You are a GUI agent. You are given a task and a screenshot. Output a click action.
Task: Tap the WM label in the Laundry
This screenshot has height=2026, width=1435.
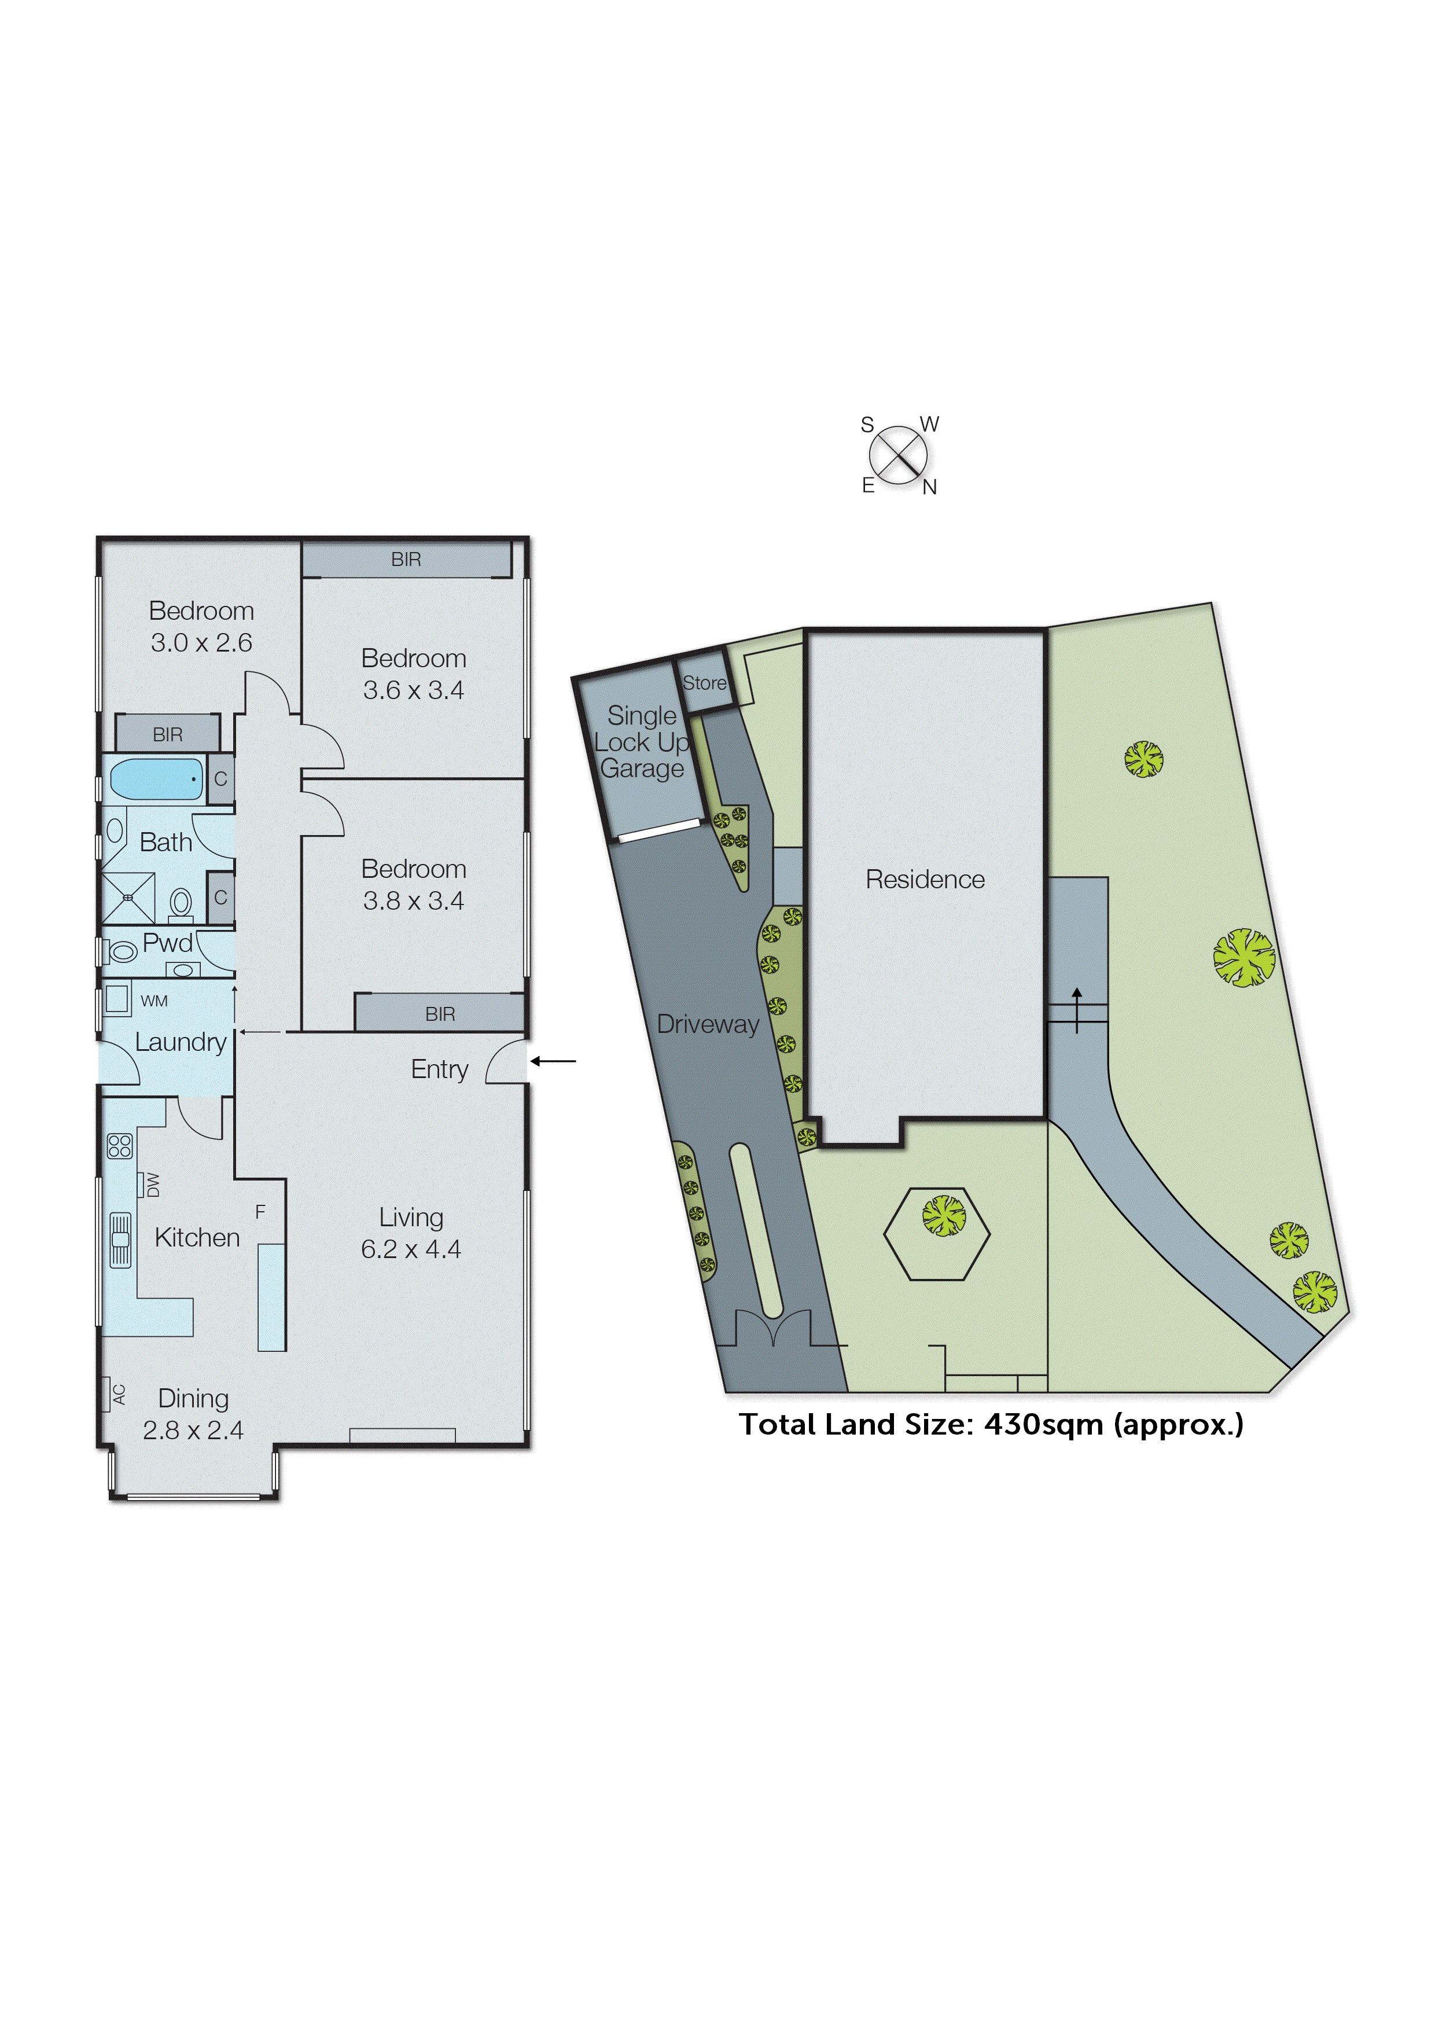[154, 1001]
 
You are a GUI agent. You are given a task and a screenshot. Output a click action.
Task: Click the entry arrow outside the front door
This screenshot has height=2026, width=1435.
[553, 1061]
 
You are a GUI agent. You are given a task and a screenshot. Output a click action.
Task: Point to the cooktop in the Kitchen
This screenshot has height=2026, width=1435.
[119, 1146]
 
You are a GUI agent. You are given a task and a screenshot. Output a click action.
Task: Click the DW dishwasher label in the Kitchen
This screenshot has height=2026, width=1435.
[152, 1184]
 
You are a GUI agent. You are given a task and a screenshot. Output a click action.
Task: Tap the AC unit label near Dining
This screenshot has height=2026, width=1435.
[119, 1394]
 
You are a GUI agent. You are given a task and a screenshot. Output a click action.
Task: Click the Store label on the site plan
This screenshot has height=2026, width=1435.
[704, 683]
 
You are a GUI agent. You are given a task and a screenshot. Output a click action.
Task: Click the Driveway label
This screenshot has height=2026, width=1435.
[708, 1024]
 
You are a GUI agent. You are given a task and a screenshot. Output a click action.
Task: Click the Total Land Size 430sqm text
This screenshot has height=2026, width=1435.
[991, 1424]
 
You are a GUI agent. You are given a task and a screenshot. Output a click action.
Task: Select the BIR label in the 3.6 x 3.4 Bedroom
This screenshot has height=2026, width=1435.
[406, 559]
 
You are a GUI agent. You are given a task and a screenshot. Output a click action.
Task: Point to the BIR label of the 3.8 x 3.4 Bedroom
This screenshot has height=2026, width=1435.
[440, 1014]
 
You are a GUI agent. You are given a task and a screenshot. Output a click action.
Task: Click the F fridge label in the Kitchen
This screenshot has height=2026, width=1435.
[260, 1211]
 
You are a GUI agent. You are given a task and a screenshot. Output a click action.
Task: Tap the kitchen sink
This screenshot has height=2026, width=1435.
[120, 1240]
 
